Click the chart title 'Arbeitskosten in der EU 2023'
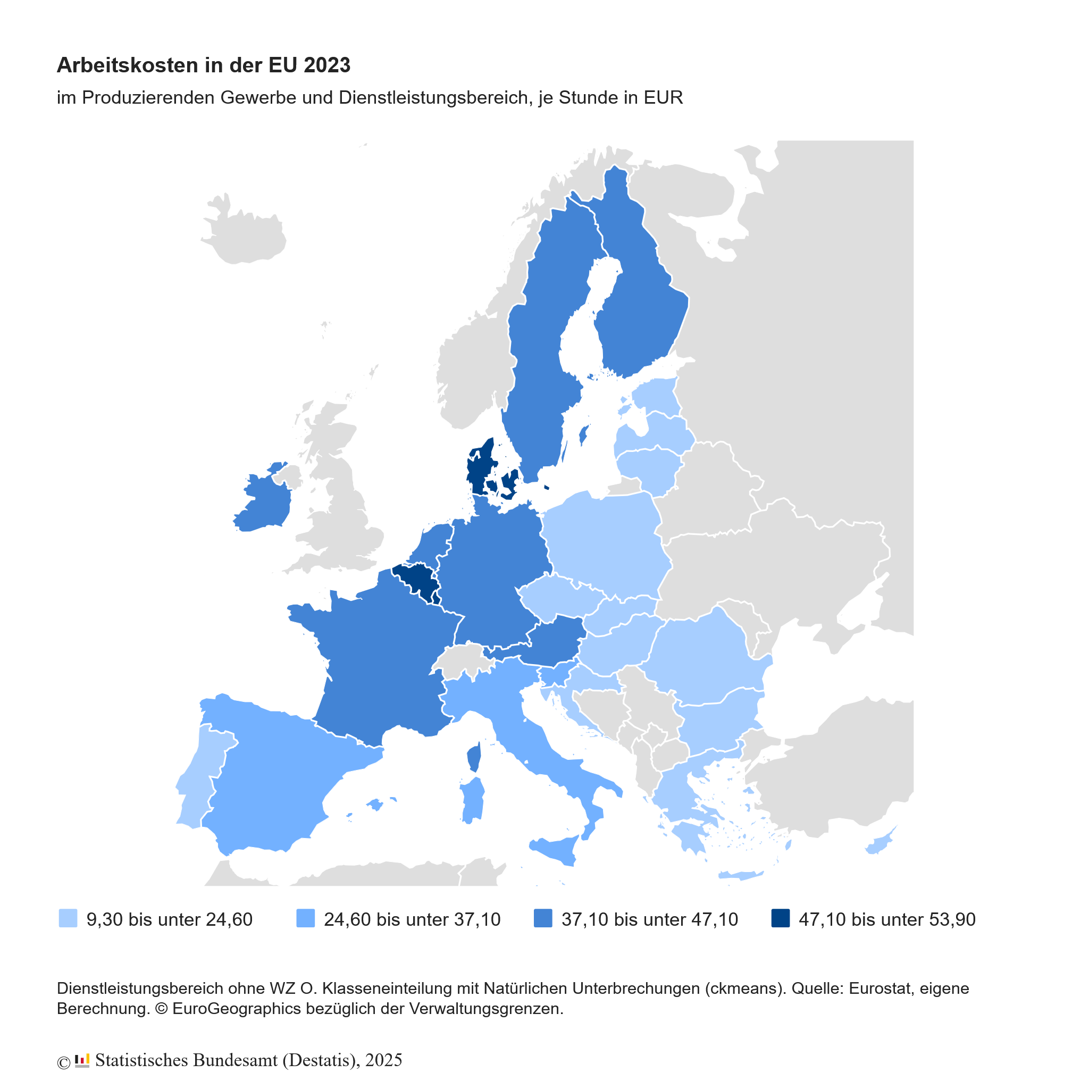coord(204,65)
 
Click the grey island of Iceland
coord(246,237)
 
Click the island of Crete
coord(741,876)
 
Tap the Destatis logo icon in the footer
coord(82,1060)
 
